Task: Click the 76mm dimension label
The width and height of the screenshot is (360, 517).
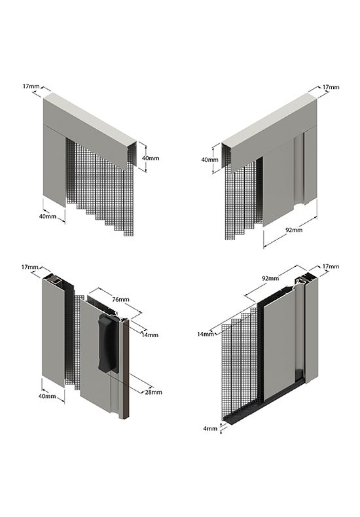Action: (x=120, y=299)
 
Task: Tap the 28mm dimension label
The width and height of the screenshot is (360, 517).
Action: (x=154, y=392)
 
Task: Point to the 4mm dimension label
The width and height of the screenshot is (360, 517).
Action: (x=210, y=429)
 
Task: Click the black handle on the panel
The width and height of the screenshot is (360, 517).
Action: (x=108, y=343)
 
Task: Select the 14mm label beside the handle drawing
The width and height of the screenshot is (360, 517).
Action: (x=150, y=335)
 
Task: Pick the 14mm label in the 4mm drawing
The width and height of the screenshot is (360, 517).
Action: (x=206, y=334)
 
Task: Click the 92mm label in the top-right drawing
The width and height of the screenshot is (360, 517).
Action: (x=294, y=230)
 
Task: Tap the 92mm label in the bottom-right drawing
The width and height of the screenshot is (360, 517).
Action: (x=270, y=278)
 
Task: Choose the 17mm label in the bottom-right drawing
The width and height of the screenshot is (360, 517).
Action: (x=331, y=266)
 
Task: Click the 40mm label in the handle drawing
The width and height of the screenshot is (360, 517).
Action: (x=47, y=396)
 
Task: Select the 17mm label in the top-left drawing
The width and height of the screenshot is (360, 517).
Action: (x=31, y=86)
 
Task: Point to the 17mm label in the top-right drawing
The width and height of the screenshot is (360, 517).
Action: (x=331, y=87)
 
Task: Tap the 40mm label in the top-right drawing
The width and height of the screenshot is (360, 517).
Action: (x=210, y=160)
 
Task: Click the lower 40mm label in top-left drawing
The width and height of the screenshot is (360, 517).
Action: (x=48, y=217)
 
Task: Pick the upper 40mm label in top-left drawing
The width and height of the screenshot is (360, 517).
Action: (x=151, y=158)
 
